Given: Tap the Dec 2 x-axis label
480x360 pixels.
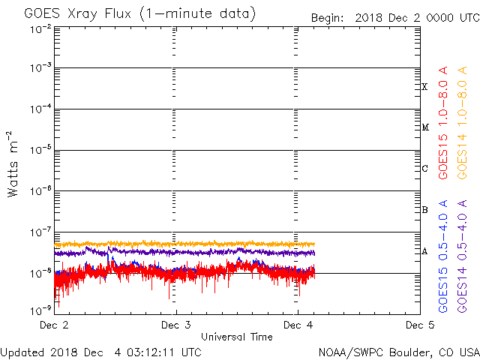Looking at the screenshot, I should pos(53,325).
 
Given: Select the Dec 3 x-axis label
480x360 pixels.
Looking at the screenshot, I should pos(175,325).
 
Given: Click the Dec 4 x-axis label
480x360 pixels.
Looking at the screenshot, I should pos(298,325).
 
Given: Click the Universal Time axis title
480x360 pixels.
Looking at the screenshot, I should pos(236,337).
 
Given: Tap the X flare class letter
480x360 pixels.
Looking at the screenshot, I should pos(424,87).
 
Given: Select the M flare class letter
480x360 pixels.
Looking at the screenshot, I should pos(424,127).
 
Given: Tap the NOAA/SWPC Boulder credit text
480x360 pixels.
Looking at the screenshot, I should pos(398,351).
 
